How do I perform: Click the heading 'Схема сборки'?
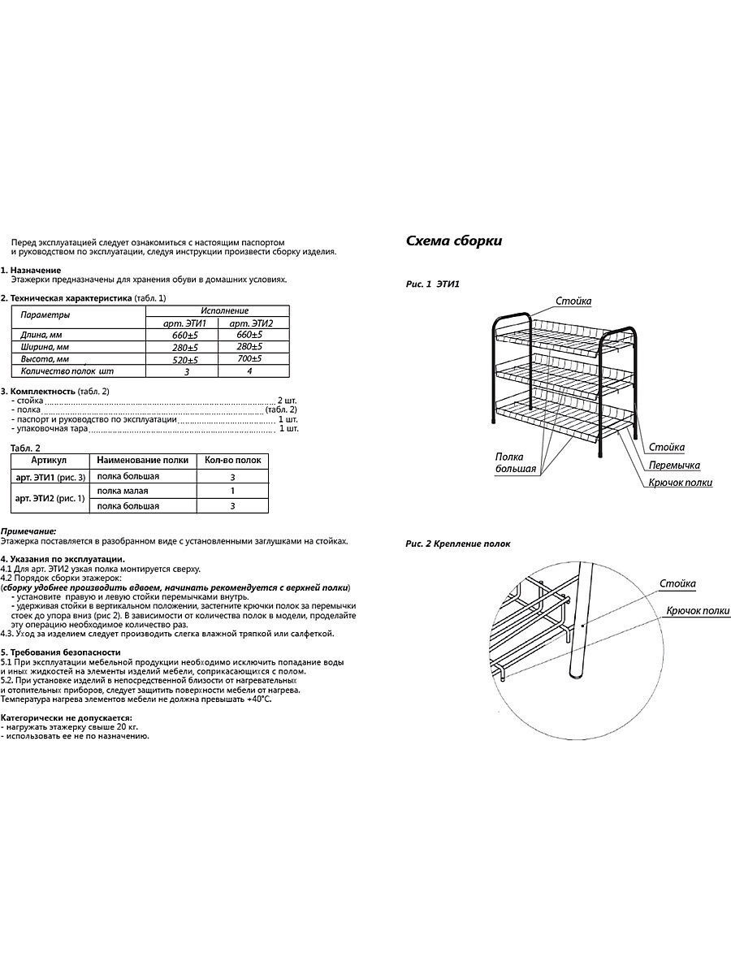coord(453,241)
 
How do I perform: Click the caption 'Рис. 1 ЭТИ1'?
coord(433,284)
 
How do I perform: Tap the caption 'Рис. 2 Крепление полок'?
coord(458,544)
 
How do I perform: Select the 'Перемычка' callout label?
coord(673,466)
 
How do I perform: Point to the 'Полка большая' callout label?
coord(516,463)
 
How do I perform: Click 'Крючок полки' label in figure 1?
coord(680,483)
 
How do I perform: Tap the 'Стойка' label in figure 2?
coord(677,584)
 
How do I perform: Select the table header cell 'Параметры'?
coord(45,314)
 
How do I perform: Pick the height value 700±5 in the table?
coord(249,358)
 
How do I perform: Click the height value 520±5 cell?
coord(185,359)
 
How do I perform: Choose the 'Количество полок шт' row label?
coord(67,370)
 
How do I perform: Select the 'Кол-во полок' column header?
coord(232,461)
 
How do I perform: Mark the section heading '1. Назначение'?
coord(32,270)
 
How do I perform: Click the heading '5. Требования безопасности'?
coord(61,652)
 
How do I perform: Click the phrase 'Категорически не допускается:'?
coord(66,719)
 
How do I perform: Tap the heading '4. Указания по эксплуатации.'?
coord(63,559)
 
